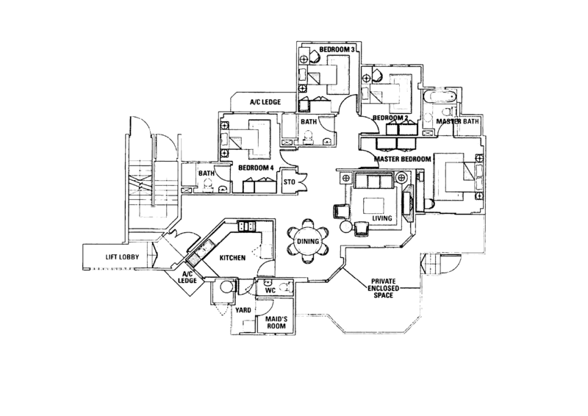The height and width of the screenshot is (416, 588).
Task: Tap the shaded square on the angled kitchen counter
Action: tap(193, 260)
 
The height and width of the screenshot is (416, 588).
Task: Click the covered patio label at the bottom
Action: tap(381, 284)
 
